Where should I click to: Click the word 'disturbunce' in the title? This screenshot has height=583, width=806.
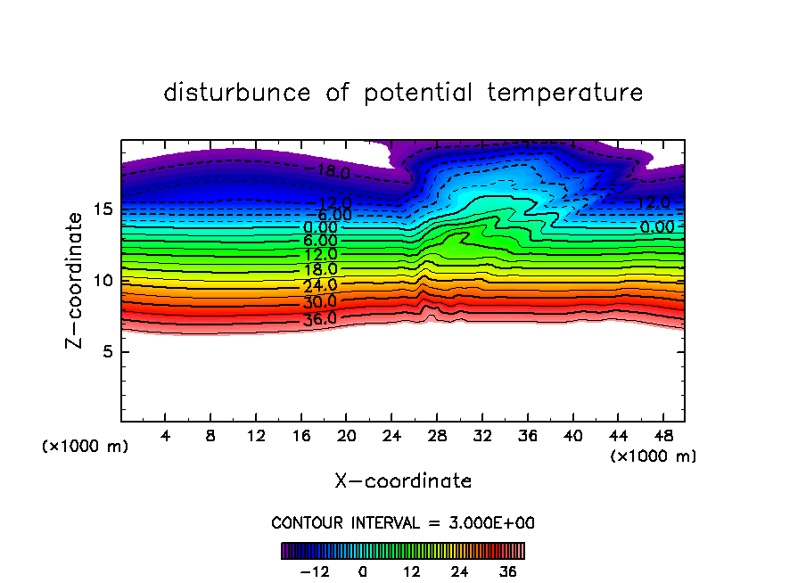point(237,93)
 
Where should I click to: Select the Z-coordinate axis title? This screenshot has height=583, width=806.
point(77,280)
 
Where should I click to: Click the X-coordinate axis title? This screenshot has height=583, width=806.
point(403,481)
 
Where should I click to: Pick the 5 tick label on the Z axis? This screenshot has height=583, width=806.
point(105,351)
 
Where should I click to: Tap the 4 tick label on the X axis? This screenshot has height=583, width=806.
point(166,437)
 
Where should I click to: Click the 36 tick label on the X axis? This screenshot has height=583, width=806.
point(527,437)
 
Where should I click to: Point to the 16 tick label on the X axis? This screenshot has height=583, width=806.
point(301,437)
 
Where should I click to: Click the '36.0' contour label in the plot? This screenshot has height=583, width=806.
point(319,318)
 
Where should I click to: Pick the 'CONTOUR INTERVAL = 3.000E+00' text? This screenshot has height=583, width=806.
point(403,522)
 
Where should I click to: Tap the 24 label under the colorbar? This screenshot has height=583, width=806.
point(459,571)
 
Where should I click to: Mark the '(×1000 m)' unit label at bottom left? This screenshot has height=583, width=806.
point(86,447)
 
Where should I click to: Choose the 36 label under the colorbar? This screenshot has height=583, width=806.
point(507,571)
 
